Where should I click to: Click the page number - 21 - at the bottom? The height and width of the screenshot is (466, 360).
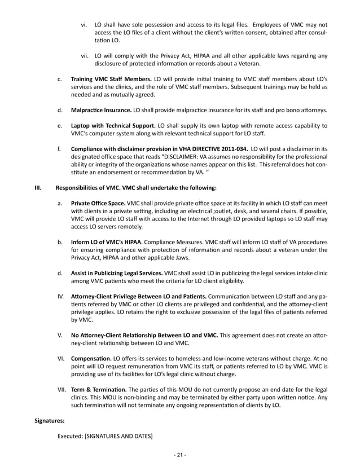[180, 455]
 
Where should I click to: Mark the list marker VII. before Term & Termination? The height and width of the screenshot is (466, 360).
[62, 389]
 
